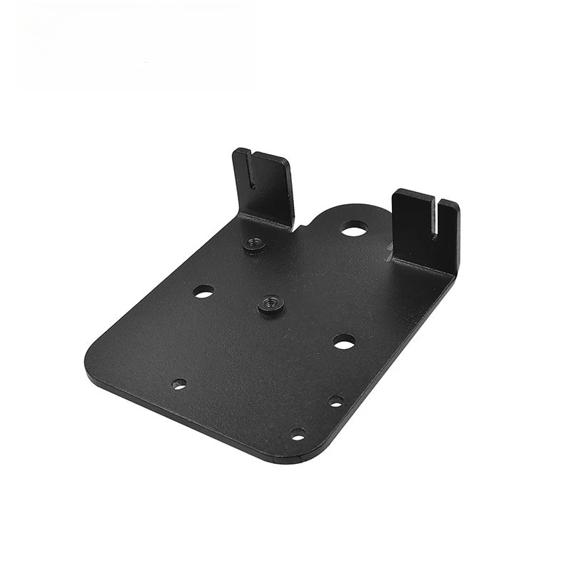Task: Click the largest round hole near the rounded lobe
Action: tap(353, 230)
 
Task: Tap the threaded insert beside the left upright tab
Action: tap(253, 245)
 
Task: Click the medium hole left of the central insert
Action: tap(203, 291)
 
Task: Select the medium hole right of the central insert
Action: tap(344, 342)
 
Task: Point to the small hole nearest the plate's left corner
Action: tap(179, 384)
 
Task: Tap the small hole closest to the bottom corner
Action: tap(297, 434)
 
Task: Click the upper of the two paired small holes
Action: tap(335, 401)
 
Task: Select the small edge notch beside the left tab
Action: tap(301, 228)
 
